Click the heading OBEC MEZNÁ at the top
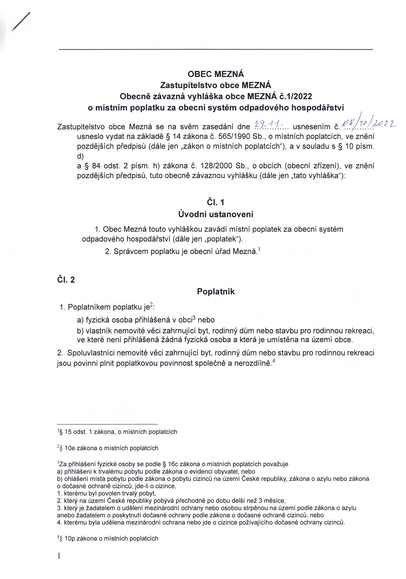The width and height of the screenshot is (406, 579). [216, 74]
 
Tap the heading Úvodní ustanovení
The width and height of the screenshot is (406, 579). [216, 214]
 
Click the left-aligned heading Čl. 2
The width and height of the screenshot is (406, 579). [66, 280]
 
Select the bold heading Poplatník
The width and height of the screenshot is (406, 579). [216, 291]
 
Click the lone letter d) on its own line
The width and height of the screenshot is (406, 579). [80, 156]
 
